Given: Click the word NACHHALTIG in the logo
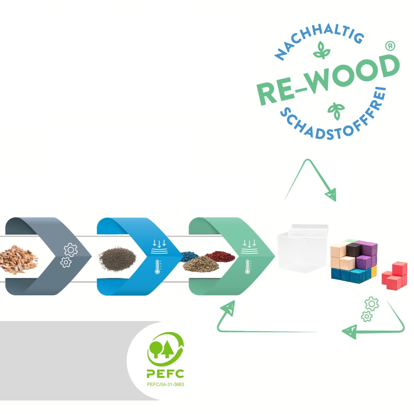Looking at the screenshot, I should pyautogui.click(x=320, y=36).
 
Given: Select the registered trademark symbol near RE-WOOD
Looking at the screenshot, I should pyautogui.click(x=390, y=46).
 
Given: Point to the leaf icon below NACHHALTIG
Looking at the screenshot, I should pyautogui.click(x=322, y=51).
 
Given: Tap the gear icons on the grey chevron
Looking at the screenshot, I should pyautogui.click(x=69, y=255).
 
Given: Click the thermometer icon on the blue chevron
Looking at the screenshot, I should pyautogui.click(x=158, y=266).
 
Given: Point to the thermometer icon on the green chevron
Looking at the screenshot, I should pyautogui.click(x=248, y=266).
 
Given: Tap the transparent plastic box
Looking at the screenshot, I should pyautogui.click(x=302, y=247).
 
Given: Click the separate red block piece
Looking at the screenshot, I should pyautogui.click(x=394, y=275).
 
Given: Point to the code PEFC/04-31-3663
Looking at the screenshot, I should pyautogui.click(x=165, y=384).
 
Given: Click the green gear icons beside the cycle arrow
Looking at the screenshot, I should pyautogui.click(x=370, y=309).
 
